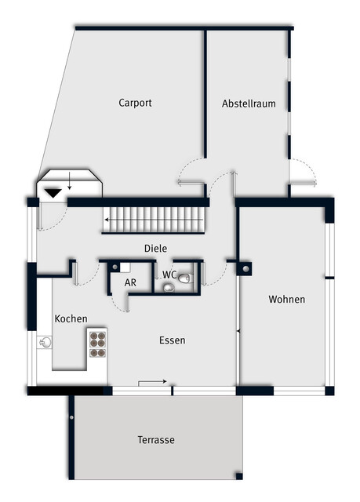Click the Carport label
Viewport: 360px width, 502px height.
[135, 103]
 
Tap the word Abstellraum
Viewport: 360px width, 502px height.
[249, 104]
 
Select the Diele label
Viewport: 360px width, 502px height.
[155, 248]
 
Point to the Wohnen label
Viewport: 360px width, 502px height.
[287, 300]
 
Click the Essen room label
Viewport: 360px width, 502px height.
[173, 340]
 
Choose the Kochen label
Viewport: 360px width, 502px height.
[71, 318]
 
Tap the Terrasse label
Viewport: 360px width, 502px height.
[156, 439]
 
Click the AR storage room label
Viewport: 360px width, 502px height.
[130, 282]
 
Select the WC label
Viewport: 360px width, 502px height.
[169, 275]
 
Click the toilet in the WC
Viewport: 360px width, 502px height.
[186, 278]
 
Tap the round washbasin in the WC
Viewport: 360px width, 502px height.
[169, 288]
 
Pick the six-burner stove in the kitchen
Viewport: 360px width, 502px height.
[97, 344]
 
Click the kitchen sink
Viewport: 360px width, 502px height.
[45, 342]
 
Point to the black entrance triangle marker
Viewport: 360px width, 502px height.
[53, 193]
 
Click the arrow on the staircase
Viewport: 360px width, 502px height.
[154, 220]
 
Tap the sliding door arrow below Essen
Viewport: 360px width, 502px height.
[152, 382]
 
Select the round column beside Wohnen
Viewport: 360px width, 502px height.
[245, 269]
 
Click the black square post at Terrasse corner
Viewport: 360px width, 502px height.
[239, 476]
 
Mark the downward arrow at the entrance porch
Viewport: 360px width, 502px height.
[70, 181]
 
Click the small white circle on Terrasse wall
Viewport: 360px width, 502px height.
[71, 417]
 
